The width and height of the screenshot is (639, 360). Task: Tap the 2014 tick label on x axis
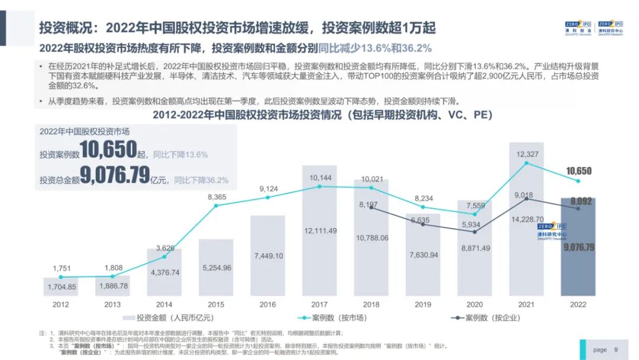[164, 304]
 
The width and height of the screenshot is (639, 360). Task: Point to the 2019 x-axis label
[422, 304]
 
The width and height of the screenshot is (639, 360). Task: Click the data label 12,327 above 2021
[527, 154]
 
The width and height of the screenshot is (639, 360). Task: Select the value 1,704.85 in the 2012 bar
[62, 287]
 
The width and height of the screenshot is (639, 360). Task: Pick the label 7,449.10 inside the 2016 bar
[268, 256]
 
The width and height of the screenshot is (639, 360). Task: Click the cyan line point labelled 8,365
[216, 205]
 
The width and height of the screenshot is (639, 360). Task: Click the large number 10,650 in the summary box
[109, 151]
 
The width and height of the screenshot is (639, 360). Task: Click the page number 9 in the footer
[616, 350]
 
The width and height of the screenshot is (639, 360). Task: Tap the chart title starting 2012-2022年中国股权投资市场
[322, 115]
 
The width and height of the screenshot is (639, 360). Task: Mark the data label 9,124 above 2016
[268, 189]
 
